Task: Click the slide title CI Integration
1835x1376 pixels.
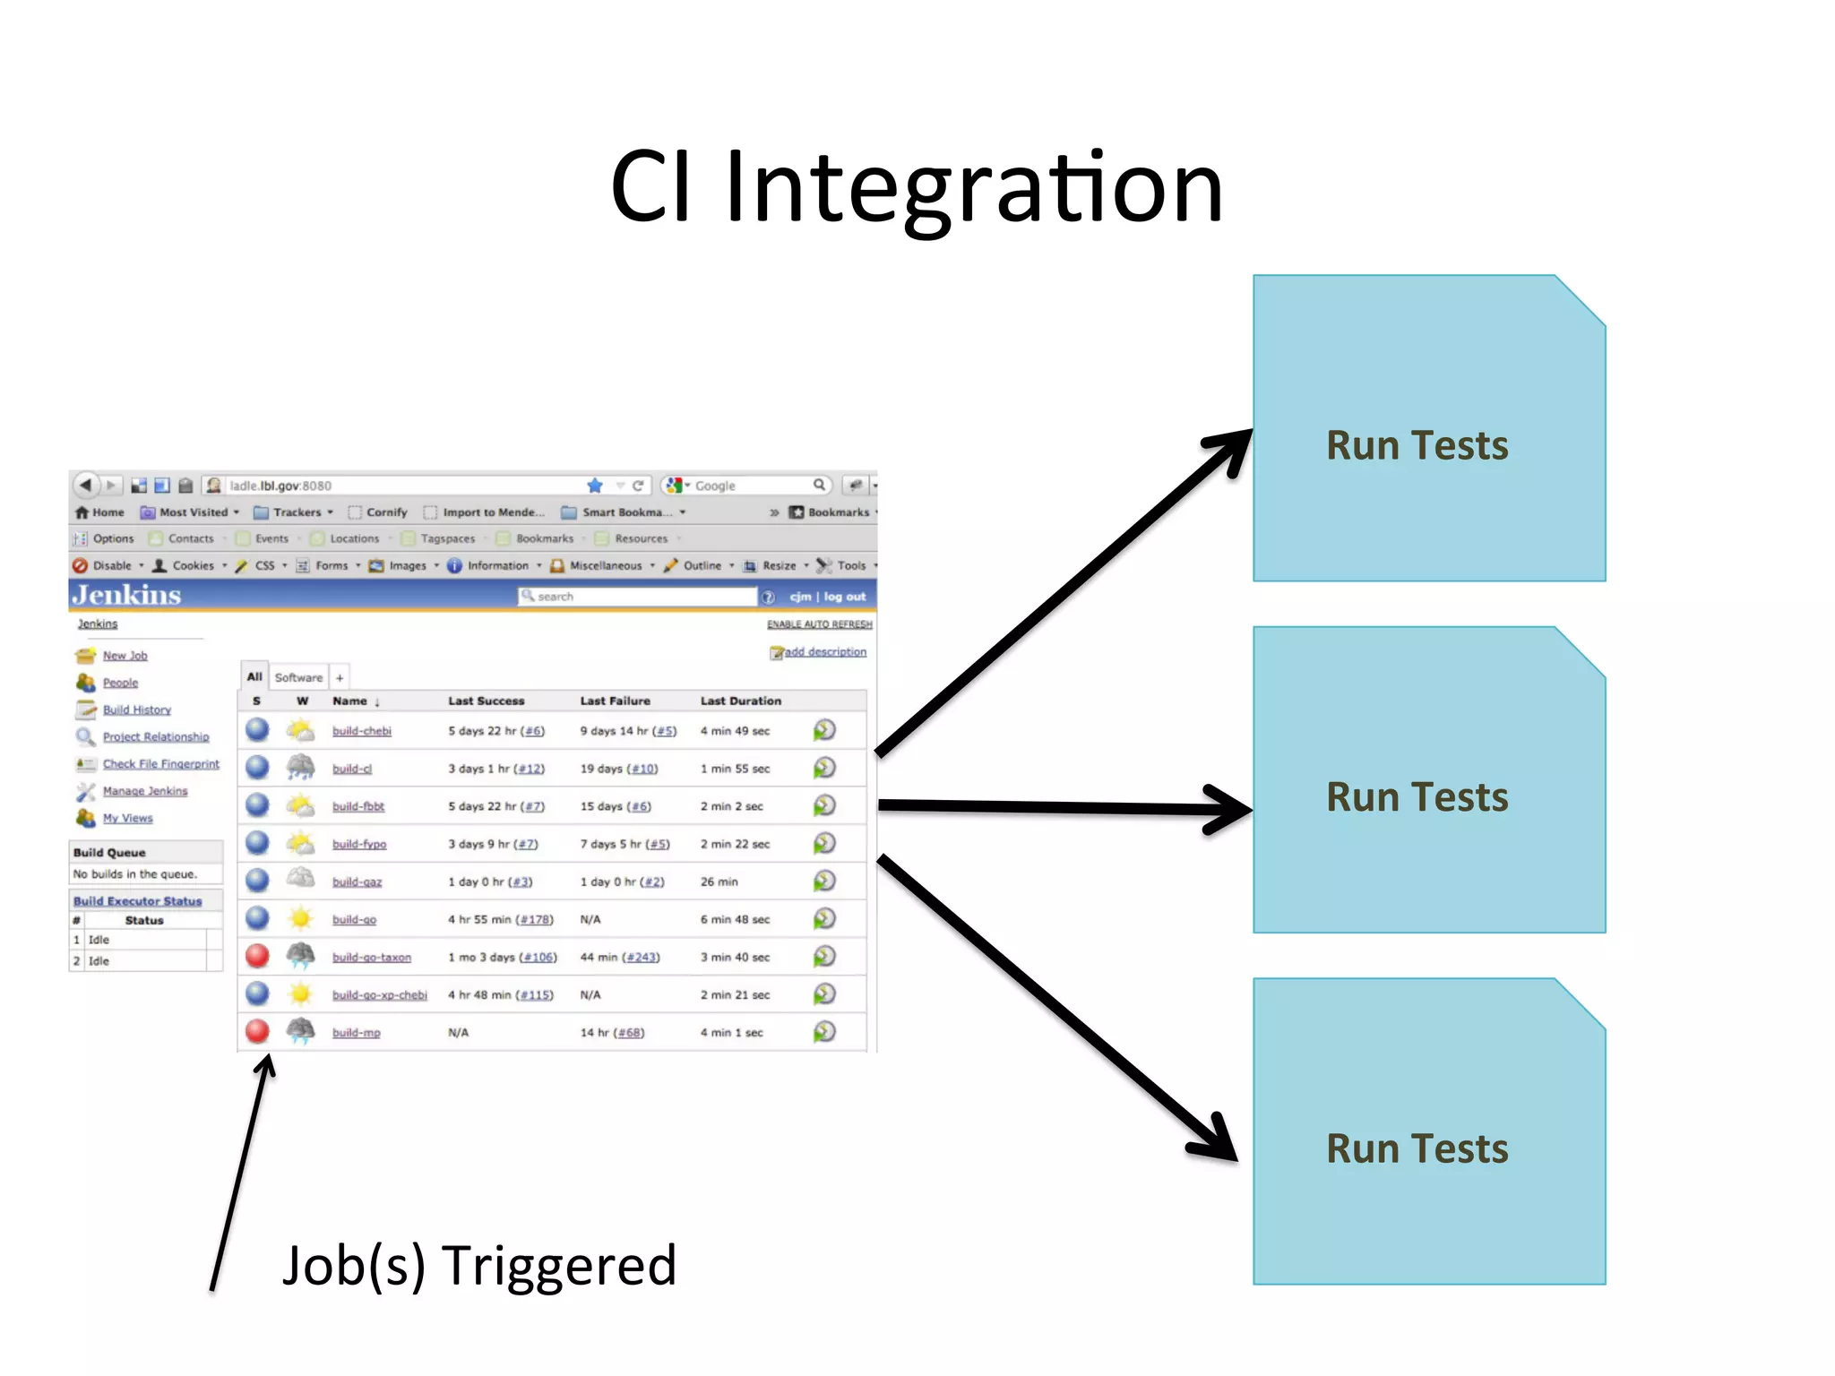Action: coord(916,188)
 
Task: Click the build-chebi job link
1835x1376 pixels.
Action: coord(361,731)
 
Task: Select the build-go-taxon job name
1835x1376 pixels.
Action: coord(371,958)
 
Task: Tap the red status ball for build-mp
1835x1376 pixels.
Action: coord(257,1031)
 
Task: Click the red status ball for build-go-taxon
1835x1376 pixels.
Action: coord(257,956)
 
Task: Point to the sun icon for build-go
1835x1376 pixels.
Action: coord(300,918)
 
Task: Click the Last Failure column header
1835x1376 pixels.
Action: coord(615,701)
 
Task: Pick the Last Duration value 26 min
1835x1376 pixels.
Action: coord(719,882)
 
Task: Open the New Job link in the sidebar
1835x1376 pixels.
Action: coord(125,656)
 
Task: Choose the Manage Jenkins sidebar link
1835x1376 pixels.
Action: coord(144,791)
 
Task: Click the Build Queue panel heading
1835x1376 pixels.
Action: coord(109,853)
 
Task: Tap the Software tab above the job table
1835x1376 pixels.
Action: coord(298,677)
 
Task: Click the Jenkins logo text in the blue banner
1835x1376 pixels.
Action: coord(126,596)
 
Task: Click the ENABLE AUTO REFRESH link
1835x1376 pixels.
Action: coord(819,624)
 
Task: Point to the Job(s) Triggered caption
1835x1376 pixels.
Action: coord(478,1265)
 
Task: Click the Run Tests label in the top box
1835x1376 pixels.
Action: coord(1417,445)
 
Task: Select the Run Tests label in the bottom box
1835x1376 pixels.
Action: coord(1417,1148)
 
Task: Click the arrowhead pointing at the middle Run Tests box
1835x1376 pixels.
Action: coord(1233,809)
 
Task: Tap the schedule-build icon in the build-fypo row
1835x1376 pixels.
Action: coord(824,844)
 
